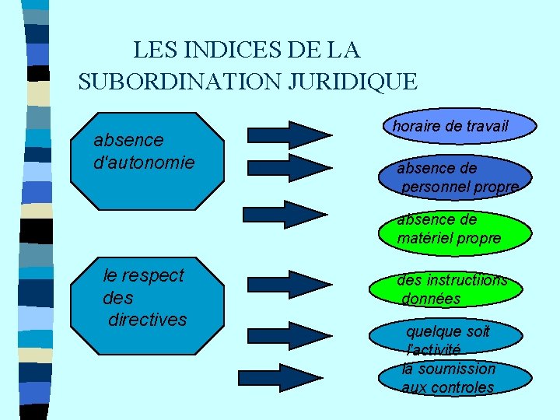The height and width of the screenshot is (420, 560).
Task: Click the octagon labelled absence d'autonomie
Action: coord(147,162)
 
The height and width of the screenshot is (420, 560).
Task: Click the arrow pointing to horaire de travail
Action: coord(289,135)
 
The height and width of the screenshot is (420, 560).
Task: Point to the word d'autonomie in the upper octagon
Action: coord(144,163)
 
